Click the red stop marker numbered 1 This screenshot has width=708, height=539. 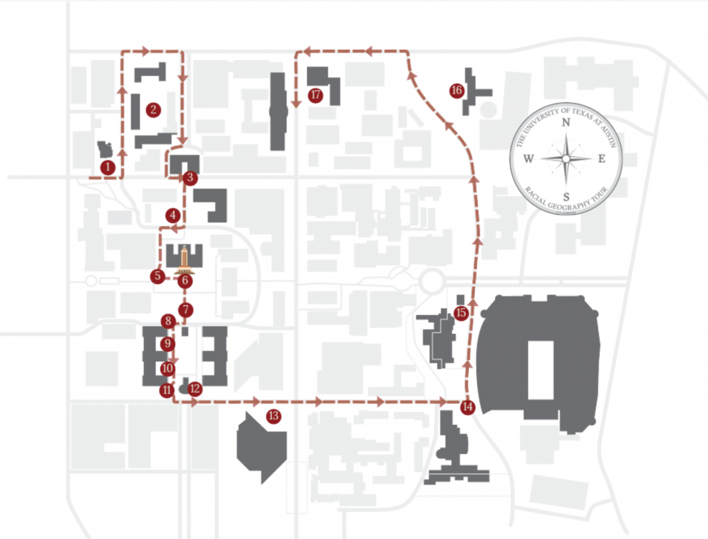[x=107, y=167]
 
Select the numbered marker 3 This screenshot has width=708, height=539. [x=191, y=178]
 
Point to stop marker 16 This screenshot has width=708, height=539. [x=456, y=91]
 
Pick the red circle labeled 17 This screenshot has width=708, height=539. [x=316, y=95]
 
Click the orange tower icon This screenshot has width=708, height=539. [x=184, y=259]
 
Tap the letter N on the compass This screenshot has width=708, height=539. [x=566, y=123]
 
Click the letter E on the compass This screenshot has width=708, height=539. [x=602, y=159]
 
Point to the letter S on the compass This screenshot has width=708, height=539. [x=566, y=195]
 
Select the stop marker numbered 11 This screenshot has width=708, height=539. [x=167, y=390]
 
